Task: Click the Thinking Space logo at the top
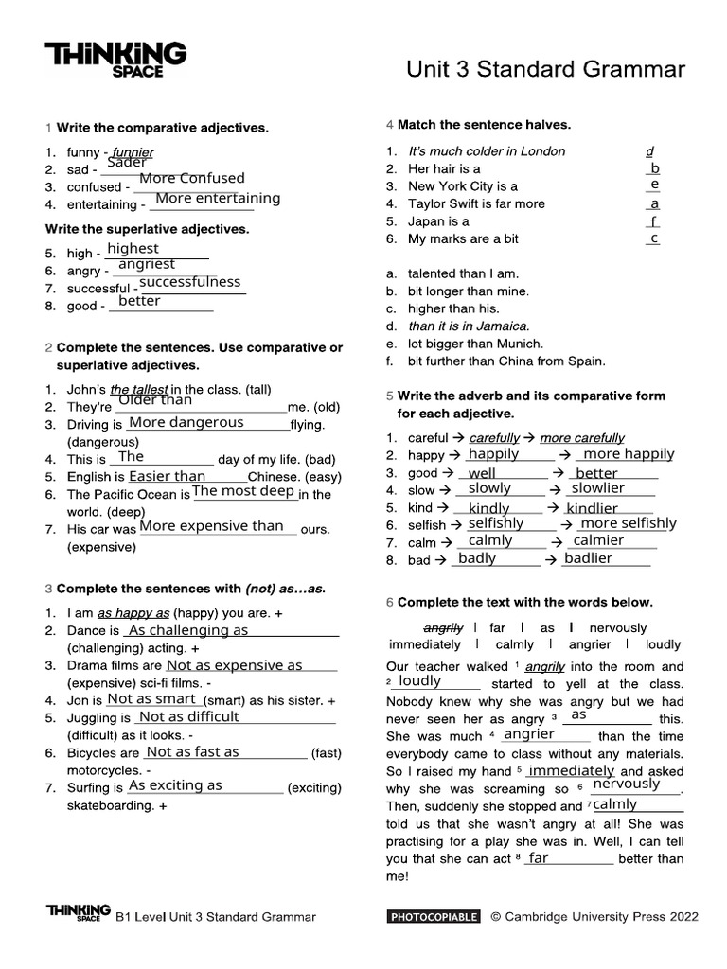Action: (116, 60)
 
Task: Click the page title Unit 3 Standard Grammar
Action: (545, 69)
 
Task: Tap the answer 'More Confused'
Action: (191, 178)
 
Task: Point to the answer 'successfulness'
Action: (189, 282)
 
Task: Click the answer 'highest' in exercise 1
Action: (133, 249)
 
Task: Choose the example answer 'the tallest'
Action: (139, 389)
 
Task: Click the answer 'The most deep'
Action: (243, 491)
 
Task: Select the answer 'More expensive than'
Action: (211, 526)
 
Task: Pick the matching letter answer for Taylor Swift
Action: (654, 203)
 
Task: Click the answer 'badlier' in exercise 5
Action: (588, 558)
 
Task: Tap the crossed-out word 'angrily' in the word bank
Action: (443, 627)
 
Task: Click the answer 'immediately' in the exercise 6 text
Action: (572, 771)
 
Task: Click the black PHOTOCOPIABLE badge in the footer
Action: (434, 916)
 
